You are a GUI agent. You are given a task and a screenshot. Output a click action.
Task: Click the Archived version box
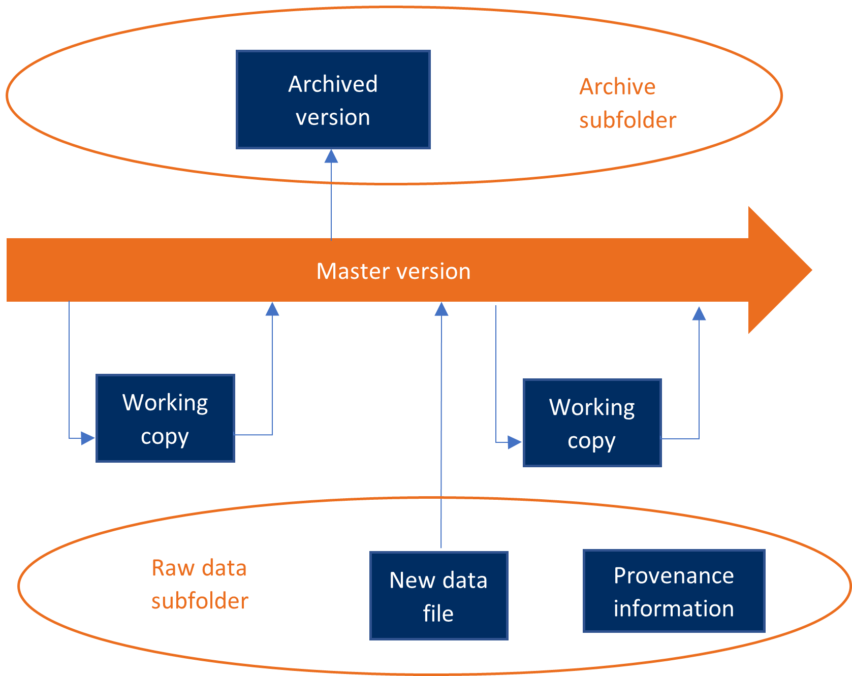333,100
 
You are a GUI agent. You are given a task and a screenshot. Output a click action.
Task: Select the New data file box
438,595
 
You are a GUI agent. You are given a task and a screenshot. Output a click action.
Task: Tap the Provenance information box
674,591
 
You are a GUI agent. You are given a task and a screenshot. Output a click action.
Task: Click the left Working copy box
165,419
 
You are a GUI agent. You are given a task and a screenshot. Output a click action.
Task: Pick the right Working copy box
592,423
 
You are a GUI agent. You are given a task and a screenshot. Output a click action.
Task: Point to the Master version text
393,271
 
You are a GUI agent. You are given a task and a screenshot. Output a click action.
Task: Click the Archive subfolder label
627,104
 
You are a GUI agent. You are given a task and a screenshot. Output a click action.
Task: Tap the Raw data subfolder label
199,584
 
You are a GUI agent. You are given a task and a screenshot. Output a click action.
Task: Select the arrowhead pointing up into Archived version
331,156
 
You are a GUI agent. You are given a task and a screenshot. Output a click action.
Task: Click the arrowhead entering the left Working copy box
88,438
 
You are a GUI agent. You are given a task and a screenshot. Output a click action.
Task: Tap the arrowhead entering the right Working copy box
515,442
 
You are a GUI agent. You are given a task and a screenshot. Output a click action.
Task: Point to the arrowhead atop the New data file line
441,309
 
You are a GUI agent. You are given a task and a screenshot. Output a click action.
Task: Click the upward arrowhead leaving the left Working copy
272,309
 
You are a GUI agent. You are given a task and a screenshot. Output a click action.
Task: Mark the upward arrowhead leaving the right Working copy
699,314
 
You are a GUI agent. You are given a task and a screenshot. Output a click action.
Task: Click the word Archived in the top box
333,84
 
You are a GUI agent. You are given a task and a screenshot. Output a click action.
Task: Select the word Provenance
674,576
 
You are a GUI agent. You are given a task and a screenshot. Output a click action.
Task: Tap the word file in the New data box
438,614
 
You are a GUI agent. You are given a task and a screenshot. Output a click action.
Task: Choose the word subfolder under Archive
627,121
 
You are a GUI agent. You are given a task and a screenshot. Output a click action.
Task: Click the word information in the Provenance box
674,608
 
